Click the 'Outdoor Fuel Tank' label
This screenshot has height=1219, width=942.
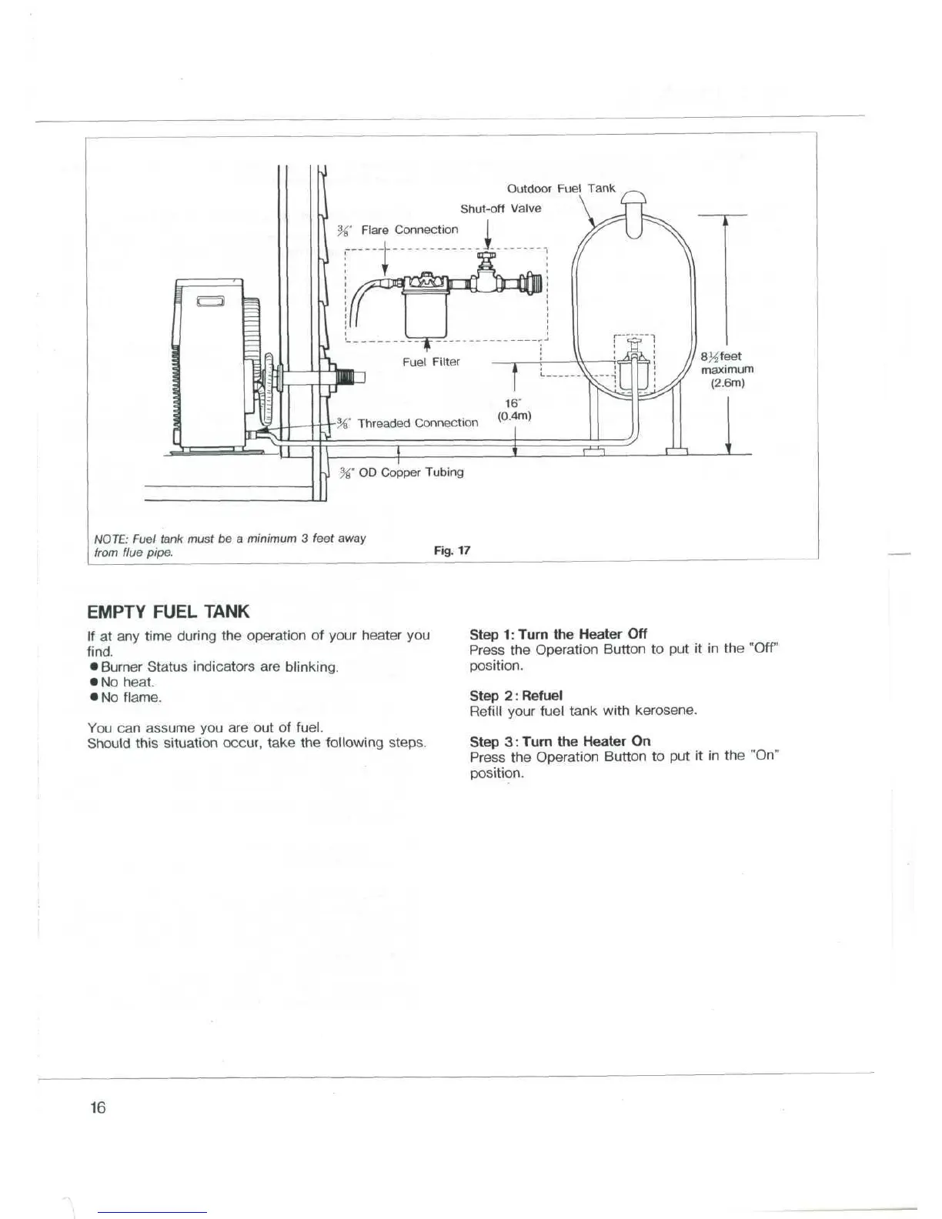(x=561, y=188)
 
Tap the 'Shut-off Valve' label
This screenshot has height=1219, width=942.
(x=500, y=209)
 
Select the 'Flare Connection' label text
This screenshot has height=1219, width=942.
(x=409, y=229)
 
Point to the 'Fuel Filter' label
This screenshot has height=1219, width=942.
(x=431, y=362)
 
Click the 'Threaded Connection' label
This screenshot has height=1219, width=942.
(x=417, y=422)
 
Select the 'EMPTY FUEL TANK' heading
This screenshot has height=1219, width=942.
(x=169, y=612)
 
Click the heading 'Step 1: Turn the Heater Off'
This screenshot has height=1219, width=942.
(x=558, y=634)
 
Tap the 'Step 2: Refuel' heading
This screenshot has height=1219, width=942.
(x=516, y=695)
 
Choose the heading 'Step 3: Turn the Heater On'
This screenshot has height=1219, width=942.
(x=560, y=741)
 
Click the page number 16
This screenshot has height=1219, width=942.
(x=97, y=1107)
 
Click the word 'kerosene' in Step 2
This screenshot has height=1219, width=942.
(x=664, y=710)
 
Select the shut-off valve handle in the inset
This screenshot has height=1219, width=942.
(x=486, y=256)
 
